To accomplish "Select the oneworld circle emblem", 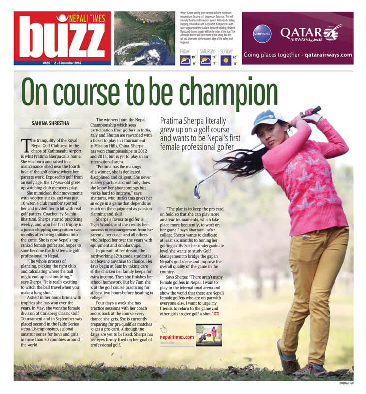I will (x=262, y=33).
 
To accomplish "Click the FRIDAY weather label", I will (x=185, y=51).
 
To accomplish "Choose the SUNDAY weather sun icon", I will (x=226, y=61).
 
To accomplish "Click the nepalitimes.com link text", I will (x=177, y=337).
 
